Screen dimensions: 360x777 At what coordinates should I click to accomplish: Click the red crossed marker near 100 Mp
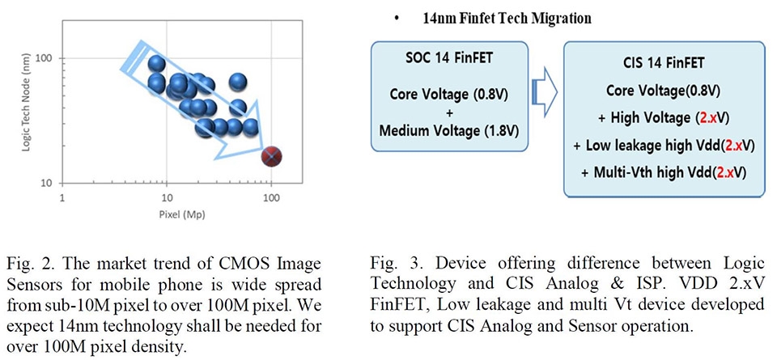[274, 155]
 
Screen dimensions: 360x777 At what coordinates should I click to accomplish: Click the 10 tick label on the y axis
[46, 182]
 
